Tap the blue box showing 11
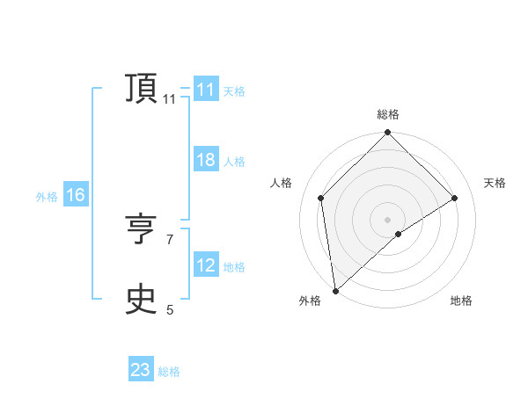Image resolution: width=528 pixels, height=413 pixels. tap(205, 90)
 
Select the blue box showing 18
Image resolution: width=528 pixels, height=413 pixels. tap(205, 160)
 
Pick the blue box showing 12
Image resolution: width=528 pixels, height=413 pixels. tap(205, 265)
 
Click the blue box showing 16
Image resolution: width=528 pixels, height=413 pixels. tap(75, 195)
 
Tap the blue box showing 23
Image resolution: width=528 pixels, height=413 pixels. tap(140, 370)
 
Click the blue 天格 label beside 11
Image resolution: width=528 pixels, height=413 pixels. tap(234, 91)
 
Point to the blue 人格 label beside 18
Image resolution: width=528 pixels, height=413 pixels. tap(234, 162)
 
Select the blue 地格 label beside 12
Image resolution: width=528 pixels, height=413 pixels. tap(234, 267)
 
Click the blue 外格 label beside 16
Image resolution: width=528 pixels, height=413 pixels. tap(47, 197)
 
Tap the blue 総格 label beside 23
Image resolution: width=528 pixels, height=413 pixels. tap(169, 372)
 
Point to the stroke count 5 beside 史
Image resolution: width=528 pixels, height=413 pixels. tap(170, 309)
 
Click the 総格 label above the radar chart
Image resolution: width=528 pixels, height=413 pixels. tap(387, 114)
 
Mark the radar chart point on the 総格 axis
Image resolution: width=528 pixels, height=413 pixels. tap(387, 133)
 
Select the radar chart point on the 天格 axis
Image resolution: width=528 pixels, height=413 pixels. tap(455, 198)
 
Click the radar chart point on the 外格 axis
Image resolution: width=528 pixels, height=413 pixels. tap(335, 291)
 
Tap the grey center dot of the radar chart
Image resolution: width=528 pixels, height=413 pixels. tap(387, 220)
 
